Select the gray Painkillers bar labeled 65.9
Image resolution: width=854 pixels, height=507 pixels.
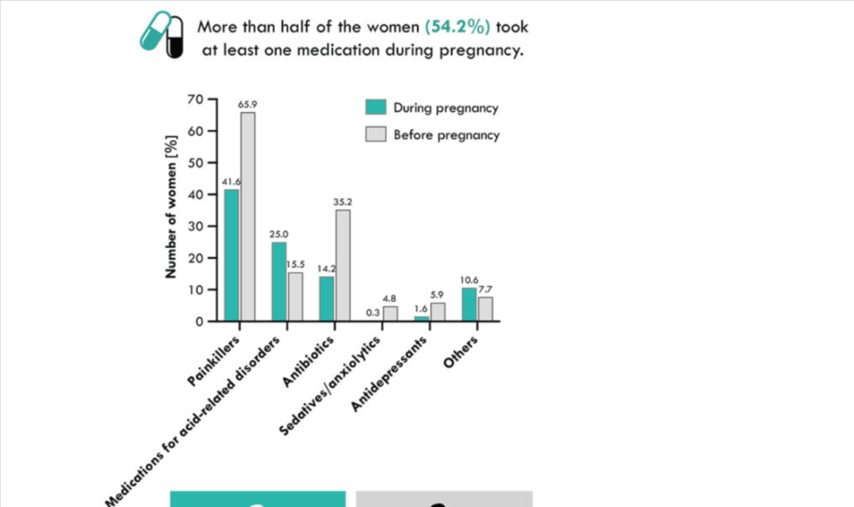point(247,216)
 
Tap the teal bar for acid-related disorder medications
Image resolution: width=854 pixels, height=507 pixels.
point(279,281)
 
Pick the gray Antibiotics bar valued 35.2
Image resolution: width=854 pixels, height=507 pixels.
point(342,265)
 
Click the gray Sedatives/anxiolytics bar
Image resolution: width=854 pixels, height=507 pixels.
point(389,313)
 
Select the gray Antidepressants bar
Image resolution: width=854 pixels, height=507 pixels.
point(437,312)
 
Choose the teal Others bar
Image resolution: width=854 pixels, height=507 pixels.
point(469,304)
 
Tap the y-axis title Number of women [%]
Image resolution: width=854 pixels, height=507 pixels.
point(172,207)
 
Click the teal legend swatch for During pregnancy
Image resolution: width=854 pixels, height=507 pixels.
point(375,107)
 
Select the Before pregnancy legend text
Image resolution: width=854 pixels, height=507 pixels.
point(446,135)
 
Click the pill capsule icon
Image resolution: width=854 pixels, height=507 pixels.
point(161,35)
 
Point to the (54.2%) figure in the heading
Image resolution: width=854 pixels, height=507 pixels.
point(457,28)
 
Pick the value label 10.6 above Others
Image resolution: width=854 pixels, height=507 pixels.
point(469,280)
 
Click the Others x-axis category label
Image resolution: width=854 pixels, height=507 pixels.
point(462,353)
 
